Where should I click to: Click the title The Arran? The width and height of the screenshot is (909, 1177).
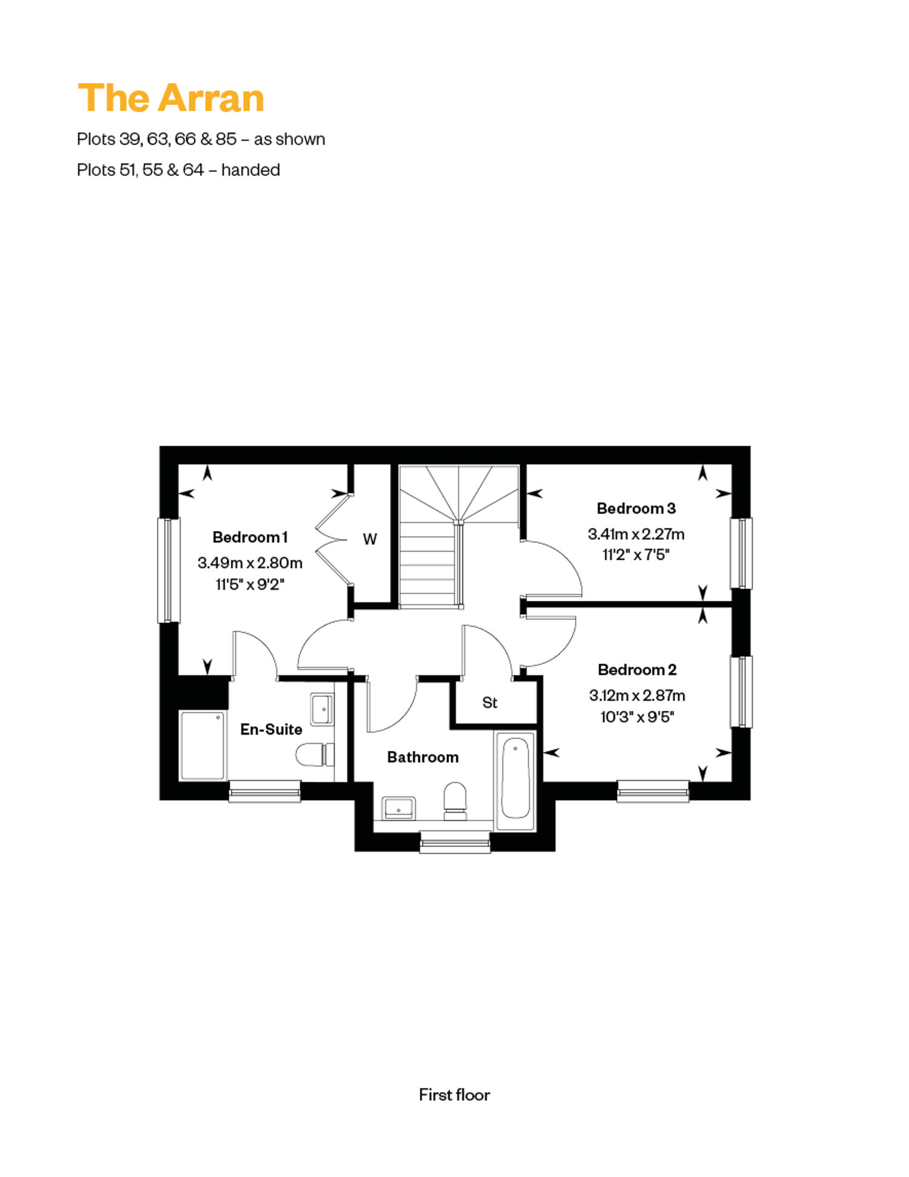(x=171, y=98)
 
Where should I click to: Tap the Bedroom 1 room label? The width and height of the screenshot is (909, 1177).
(x=250, y=537)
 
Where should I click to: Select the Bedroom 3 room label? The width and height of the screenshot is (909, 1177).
(x=636, y=508)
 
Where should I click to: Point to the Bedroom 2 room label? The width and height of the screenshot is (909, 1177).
(x=637, y=670)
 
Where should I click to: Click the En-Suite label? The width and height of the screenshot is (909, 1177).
(x=271, y=729)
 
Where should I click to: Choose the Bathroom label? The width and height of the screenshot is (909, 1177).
(x=423, y=757)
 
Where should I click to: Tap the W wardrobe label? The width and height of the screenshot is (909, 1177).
(x=370, y=539)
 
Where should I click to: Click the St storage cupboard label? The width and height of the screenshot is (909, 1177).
(x=490, y=702)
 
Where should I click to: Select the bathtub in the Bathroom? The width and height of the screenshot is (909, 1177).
(x=515, y=781)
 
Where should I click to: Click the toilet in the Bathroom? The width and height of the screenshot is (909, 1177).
(x=455, y=801)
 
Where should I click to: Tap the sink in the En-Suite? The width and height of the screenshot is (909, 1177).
(x=322, y=709)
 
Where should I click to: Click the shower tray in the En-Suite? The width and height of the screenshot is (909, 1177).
(x=202, y=745)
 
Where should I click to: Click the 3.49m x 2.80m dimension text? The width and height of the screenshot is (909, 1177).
(x=250, y=563)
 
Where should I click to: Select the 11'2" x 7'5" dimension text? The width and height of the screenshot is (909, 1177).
(x=636, y=555)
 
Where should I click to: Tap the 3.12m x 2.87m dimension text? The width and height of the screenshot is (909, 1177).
(x=637, y=695)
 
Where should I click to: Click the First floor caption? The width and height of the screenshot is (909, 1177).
(x=454, y=1095)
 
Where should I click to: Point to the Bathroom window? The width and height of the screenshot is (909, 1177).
(x=455, y=842)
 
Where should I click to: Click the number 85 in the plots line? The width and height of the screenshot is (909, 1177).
(x=226, y=139)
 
